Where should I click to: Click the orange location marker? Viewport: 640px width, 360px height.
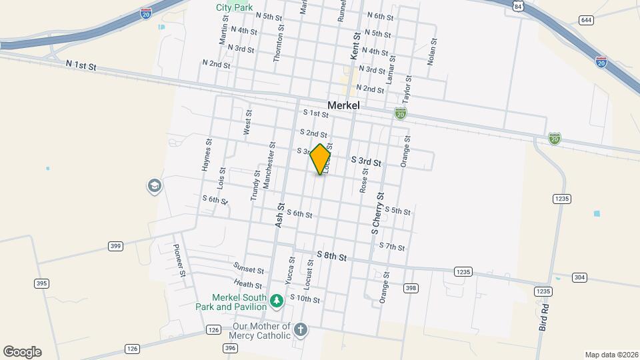pos(321,159)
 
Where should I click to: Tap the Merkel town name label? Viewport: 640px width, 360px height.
pos(343,105)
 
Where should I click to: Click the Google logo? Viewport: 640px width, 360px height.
pos(22,352)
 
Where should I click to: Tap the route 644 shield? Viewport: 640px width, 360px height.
pos(586,20)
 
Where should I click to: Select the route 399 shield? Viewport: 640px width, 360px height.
pos(115,246)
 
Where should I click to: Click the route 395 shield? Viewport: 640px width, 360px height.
pos(42,283)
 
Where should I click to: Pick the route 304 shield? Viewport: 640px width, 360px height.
pos(579,277)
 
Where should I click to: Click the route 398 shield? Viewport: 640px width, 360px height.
pos(411,288)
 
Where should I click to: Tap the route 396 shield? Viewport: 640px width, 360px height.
pos(231,348)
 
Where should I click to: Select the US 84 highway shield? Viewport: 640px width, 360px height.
pos(518,5)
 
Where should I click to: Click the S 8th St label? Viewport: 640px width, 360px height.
pos(332,256)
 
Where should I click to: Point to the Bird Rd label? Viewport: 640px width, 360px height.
pos(544,317)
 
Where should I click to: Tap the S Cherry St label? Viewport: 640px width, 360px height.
pos(378,213)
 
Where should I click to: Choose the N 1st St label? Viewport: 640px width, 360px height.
pos(81,65)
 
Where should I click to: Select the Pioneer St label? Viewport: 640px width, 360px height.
pos(179,260)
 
